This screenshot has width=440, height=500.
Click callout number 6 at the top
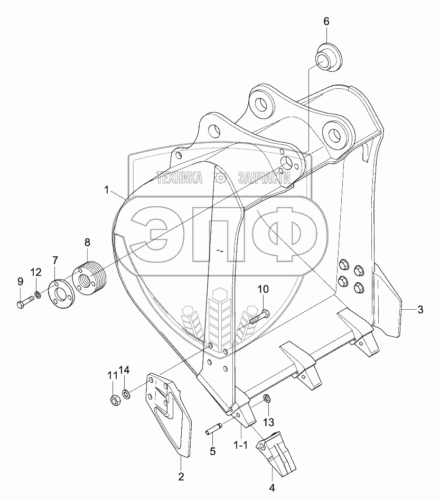tap(326, 22)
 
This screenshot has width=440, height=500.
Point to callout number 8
tap(88, 243)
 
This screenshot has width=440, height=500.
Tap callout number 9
tap(20, 281)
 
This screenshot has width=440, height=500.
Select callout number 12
tap(35, 272)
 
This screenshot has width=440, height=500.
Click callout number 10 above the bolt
tap(263, 289)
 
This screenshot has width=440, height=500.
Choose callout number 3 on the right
tap(420, 310)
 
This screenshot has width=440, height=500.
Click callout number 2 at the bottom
tap(181, 477)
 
